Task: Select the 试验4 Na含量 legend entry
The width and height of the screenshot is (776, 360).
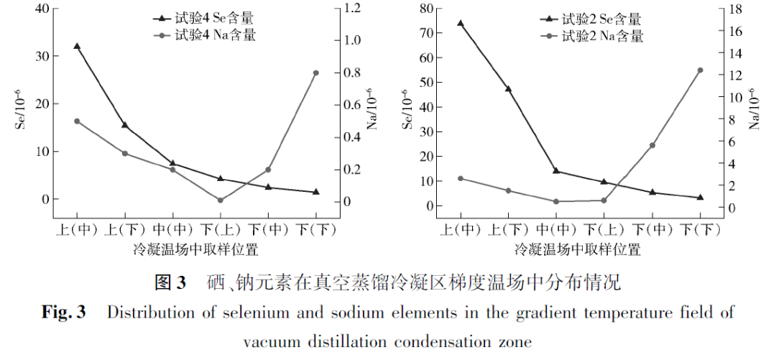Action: coord(205,34)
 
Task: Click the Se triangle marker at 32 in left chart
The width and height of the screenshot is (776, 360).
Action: coord(77,46)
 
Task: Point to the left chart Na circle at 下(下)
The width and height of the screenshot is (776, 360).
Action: coord(315,73)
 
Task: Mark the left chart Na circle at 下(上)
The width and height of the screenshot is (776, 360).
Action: coord(221,200)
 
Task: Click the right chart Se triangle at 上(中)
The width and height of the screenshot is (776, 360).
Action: coord(461,23)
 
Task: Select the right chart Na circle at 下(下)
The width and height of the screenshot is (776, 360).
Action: coord(700,70)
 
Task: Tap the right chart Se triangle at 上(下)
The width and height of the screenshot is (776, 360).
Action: coord(508,89)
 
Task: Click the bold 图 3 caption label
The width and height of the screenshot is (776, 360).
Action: coord(170,282)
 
